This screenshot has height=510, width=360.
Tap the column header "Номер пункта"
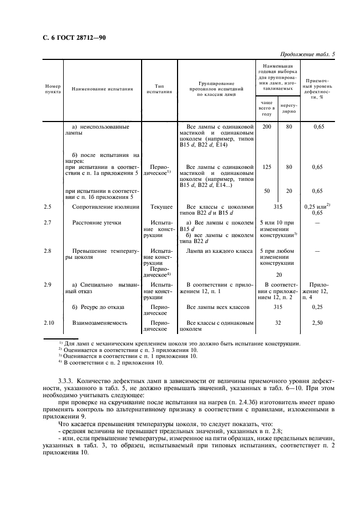pos(53,89)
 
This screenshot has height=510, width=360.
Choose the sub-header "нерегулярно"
pos(288,108)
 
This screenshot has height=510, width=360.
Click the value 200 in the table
pos(266,126)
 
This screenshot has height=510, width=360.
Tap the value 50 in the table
pos(266,191)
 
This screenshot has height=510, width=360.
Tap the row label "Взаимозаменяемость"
pos(100,323)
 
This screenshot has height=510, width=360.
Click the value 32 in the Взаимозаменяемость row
pos(278,323)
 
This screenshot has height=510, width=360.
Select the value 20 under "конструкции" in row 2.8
pos(279,275)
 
